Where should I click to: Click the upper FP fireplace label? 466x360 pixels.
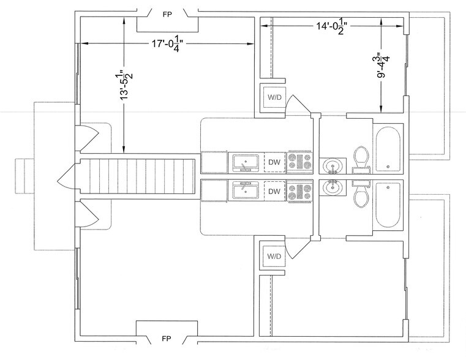tap(167, 14)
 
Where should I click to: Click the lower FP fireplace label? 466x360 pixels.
tap(167, 339)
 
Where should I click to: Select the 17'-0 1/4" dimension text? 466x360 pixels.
tap(168, 44)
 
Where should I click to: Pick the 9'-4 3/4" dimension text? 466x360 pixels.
tap(382, 66)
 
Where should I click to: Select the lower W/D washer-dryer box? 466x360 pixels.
tap(272, 256)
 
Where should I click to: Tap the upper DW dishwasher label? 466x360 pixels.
tap(274, 162)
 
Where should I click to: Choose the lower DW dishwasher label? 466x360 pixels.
tap(274, 191)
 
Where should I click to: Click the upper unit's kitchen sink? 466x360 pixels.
tap(246, 162)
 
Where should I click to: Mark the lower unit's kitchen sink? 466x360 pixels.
tap(246, 190)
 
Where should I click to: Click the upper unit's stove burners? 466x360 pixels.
tap(299, 162)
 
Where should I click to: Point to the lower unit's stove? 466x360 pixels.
tap(299, 190)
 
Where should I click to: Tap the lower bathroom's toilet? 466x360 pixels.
tap(361, 194)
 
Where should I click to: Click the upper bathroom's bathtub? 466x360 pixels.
tap(388, 149)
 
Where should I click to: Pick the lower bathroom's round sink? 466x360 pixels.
tap(333, 187)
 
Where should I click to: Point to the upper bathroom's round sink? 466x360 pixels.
tap(333, 165)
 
